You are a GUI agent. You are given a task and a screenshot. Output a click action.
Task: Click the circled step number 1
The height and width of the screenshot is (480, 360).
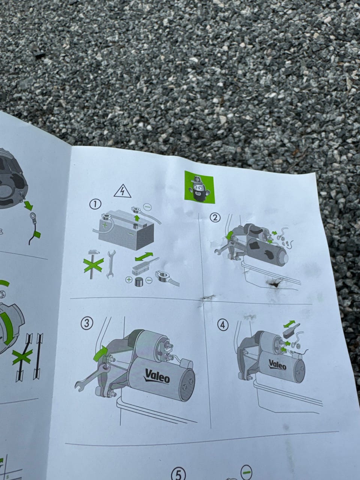pos(95,204)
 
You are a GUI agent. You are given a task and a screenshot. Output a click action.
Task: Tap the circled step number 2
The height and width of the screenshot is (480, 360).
pos(215,217)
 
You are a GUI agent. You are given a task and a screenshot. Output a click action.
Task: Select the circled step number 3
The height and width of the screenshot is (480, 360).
pos(87,323)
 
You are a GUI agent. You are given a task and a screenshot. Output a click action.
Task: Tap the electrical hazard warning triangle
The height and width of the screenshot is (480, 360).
pos(122,191)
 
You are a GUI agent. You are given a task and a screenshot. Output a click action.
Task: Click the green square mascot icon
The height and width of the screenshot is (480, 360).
pos(199,187)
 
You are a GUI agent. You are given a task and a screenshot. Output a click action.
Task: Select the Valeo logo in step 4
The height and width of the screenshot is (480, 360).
pos(277,365)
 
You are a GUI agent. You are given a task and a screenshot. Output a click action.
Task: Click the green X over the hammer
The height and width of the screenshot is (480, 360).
pos(93,265)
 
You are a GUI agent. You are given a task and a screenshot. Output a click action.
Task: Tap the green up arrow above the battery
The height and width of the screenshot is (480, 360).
pos(137,218)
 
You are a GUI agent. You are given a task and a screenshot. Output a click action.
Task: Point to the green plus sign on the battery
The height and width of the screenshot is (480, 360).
pos(105,225)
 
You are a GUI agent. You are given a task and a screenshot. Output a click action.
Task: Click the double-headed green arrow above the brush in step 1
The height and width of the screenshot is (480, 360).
pos(144,256)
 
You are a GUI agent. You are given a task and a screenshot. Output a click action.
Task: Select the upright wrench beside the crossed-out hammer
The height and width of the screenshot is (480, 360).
pos(111,264)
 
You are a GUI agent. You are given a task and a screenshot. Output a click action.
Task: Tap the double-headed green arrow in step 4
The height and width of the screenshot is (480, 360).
pos(289,324)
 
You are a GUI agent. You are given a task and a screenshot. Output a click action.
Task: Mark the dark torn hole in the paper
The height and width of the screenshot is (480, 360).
pos(275,283)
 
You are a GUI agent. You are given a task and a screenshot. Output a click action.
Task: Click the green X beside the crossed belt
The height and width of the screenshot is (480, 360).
pos(22,357)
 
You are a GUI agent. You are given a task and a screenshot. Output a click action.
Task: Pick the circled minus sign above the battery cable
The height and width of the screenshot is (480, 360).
pos(148,206)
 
